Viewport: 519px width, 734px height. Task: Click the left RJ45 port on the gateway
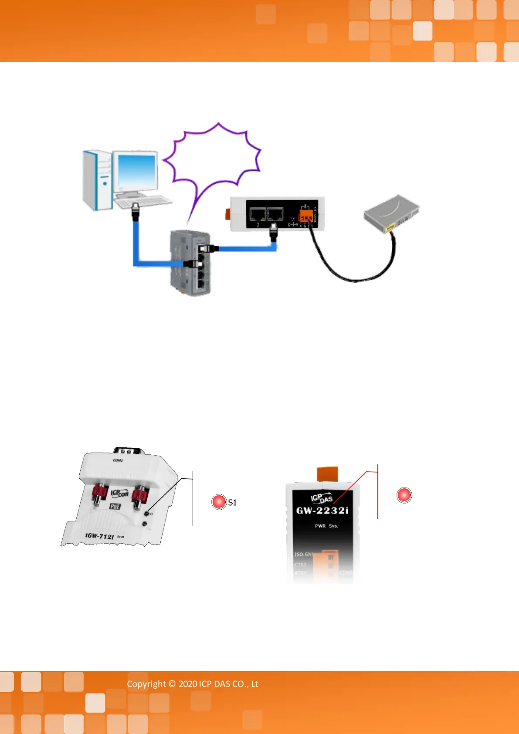point(258,214)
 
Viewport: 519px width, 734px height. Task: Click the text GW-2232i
point(322,511)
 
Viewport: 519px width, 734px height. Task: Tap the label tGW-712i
point(100,536)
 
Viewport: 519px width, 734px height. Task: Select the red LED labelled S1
point(219,502)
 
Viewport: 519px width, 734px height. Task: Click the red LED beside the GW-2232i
point(404,495)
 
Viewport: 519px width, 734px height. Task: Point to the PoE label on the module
point(115,506)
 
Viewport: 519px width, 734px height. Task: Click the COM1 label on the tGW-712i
point(118,460)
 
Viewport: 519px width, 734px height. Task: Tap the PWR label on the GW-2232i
point(320,526)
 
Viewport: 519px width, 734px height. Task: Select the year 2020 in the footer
point(188,684)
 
